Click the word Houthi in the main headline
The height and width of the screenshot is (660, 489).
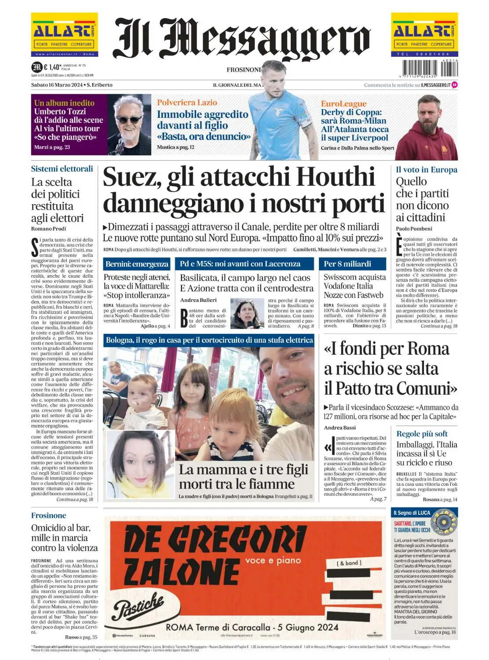point(335,177)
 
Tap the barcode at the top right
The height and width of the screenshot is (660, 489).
point(430,69)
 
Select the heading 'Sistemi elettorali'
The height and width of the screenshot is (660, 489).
point(62,169)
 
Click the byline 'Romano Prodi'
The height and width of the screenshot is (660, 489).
point(48,229)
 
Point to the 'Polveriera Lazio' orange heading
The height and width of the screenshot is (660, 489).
point(187,103)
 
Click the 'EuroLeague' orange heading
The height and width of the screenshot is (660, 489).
point(343,104)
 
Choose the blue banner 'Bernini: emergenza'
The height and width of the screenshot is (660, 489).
point(137,264)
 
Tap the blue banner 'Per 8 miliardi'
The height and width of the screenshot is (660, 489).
point(347,264)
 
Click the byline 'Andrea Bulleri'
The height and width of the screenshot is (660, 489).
point(198,300)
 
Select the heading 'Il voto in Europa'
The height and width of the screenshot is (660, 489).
point(427,170)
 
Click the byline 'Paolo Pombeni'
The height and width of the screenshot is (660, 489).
point(414,229)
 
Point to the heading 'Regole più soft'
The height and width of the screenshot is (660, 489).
point(422,434)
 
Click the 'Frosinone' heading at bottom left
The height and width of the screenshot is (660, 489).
point(48,516)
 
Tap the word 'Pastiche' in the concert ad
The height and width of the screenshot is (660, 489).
point(138,607)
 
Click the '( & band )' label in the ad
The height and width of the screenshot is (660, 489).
point(349,563)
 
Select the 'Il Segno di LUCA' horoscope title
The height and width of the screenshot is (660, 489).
point(412,513)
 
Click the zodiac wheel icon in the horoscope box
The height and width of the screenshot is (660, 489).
point(444,522)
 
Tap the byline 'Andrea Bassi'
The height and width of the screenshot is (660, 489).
point(340,428)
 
